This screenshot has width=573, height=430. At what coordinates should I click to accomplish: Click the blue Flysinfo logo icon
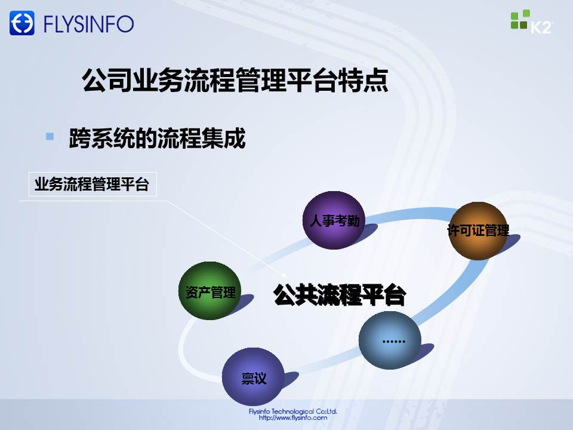point(22,23)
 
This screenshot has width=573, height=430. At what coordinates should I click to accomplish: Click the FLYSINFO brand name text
point(89,24)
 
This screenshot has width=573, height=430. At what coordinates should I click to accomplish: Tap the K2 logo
point(532,22)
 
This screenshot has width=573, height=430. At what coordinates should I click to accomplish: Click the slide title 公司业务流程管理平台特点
point(235,79)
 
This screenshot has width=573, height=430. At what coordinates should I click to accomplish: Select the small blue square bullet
point(50,136)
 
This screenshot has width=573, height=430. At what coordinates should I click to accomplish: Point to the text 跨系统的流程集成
point(157,138)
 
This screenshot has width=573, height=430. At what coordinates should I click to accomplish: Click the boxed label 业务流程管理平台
point(93,184)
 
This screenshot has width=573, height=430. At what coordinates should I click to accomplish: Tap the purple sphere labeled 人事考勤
point(334,220)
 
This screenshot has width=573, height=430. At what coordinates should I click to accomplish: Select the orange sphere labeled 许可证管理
point(478,231)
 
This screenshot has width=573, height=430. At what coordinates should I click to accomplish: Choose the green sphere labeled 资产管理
point(210,291)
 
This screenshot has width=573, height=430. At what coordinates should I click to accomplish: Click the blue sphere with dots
point(390,340)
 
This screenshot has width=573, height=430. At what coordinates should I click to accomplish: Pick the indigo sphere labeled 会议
point(253,377)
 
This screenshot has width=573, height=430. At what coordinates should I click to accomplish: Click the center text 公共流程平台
point(340,294)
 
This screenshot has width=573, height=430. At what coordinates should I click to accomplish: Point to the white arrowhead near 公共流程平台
point(284,275)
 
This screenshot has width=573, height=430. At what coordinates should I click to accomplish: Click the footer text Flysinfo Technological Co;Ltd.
point(292,411)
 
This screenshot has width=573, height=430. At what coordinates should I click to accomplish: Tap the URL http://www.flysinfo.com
point(292,417)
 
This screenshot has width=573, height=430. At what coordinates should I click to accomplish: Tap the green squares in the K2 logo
point(520,19)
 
